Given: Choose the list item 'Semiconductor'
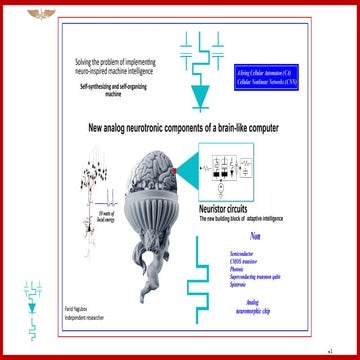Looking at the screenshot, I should pyautogui.click(x=245, y=254).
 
